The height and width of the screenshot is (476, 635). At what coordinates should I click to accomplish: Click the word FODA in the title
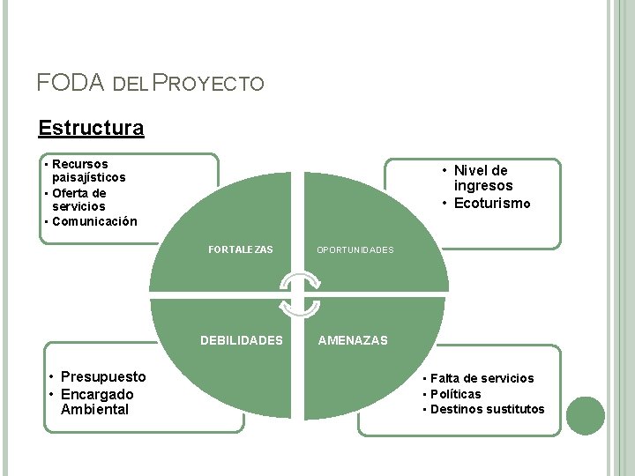(70, 83)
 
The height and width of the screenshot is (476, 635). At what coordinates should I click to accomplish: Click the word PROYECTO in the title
(208, 84)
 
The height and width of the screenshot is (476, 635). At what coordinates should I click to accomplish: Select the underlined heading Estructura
(91, 128)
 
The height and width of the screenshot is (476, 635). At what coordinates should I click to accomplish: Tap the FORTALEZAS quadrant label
(241, 249)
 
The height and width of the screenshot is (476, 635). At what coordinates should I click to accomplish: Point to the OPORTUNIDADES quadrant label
(355, 250)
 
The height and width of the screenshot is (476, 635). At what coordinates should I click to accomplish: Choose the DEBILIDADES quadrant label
(242, 340)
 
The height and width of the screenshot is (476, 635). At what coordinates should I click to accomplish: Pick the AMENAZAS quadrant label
(353, 340)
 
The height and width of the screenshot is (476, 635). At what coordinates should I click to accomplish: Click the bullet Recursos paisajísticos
(88, 171)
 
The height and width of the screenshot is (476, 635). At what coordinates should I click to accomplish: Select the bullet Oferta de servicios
(78, 200)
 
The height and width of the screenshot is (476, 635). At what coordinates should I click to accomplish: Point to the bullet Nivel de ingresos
(481, 178)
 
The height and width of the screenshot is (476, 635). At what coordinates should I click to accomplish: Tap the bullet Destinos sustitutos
(488, 409)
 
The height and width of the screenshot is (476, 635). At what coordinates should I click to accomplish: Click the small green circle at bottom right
(586, 415)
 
